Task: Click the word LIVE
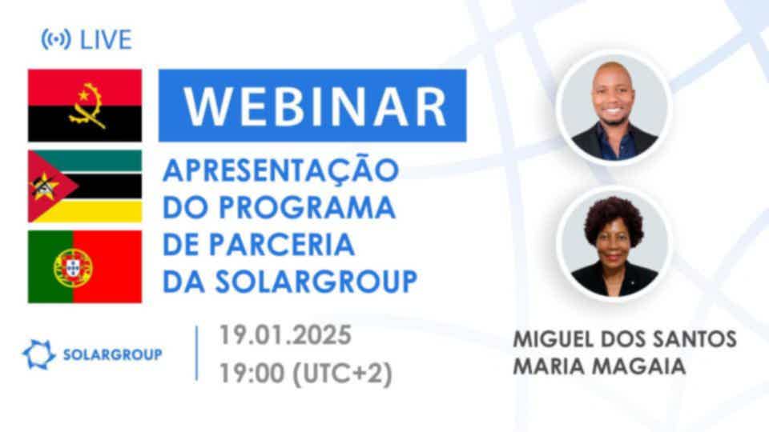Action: [x=106, y=40]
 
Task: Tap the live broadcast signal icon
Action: [x=55, y=39]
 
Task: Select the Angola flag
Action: [x=85, y=106]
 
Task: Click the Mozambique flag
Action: [x=85, y=186]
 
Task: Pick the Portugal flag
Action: [x=85, y=266]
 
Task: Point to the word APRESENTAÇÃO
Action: [x=280, y=170]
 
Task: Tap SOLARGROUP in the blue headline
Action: [x=316, y=282]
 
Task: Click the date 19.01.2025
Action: [x=285, y=335]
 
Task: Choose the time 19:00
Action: [x=252, y=374]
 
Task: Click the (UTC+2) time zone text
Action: [x=342, y=374]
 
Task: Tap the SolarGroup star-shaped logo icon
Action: [x=38, y=354]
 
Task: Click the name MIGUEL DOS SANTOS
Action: [x=624, y=339]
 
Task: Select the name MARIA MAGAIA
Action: [x=599, y=366]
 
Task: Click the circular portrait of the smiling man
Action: [x=614, y=106]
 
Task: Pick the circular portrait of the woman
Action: [x=614, y=243]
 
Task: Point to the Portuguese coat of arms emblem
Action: [x=73, y=267]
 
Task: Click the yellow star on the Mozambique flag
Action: [x=44, y=186]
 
